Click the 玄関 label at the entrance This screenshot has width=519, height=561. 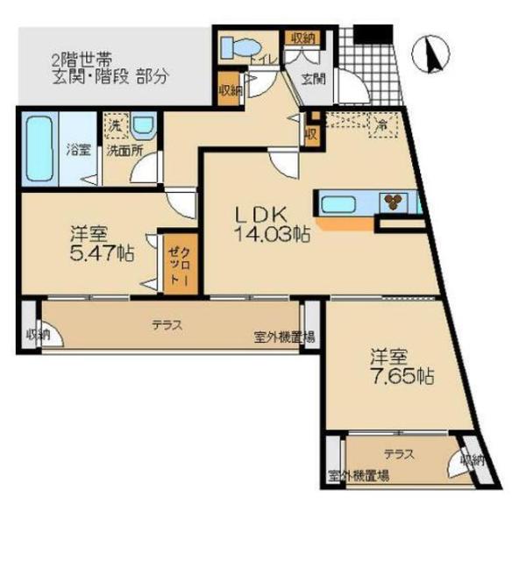pyautogui.click(x=311, y=77)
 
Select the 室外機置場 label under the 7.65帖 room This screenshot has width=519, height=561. pyautogui.click(x=359, y=475)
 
